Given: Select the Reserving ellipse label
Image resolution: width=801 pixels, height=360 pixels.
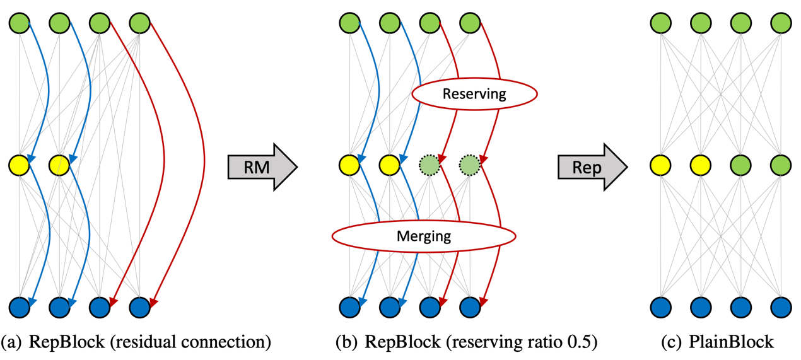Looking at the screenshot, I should coord(474,94).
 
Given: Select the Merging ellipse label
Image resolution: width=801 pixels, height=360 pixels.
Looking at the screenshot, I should coord(424,236).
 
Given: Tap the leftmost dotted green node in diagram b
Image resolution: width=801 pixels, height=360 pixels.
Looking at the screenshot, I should coord(430,165).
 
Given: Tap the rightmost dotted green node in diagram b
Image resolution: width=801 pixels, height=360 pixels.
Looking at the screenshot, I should coord(470,165).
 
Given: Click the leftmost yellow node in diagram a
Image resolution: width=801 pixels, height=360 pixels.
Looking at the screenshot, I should coord(19,165).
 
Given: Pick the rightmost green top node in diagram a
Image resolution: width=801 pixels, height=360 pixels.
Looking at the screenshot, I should coord(139,24).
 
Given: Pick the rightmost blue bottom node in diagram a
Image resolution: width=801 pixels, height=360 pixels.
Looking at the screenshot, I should coord(139,307).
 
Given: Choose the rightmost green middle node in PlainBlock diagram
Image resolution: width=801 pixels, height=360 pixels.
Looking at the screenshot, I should coord(781,165).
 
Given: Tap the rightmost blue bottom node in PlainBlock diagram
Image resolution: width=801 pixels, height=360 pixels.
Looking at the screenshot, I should coord(781,307).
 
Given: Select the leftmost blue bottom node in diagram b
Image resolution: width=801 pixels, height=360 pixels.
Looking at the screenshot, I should coord(349,307).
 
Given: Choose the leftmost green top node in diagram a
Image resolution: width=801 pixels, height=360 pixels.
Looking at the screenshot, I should coord(19,24).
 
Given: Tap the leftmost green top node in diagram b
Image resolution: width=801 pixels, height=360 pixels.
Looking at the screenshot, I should coord(349,24).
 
